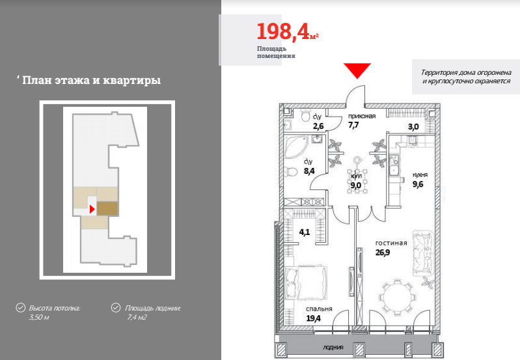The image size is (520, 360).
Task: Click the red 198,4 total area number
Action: pyautogui.click(x=283, y=32)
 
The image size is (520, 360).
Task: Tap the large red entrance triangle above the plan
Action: pyautogui.click(x=357, y=70)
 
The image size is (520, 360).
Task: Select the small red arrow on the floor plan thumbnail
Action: pyautogui.click(x=92, y=209)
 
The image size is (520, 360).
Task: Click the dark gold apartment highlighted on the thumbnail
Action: pyautogui.click(x=107, y=208)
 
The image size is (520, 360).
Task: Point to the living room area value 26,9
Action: pyautogui.click(x=383, y=253)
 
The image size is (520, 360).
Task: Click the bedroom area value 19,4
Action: pyautogui.click(x=314, y=318)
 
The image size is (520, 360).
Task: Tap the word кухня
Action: pyautogui.click(x=420, y=175)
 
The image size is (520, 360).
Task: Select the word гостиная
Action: pyautogui.click(x=391, y=243)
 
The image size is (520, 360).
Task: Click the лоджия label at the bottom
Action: pyautogui.click(x=333, y=348)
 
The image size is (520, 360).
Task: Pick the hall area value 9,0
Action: pyautogui.click(x=356, y=185)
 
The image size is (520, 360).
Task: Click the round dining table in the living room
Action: pyautogui.click(x=397, y=297)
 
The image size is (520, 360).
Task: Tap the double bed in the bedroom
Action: pyautogui.click(x=306, y=283)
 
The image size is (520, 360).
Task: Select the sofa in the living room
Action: pyautogui.click(x=423, y=253)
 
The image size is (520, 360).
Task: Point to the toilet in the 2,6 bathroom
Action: pyautogui.click(x=305, y=115)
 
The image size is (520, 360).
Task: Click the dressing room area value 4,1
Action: pyautogui.click(x=305, y=232)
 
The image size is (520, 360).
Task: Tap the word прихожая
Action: pyautogui.click(x=362, y=116)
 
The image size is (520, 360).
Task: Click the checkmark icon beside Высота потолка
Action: pyautogui.click(x=21, y=308)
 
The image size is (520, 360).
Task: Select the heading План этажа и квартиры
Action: pyautogui.click(x=92, y=81)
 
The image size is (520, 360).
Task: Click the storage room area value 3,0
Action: pyautogui.click(x=413, y=127)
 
